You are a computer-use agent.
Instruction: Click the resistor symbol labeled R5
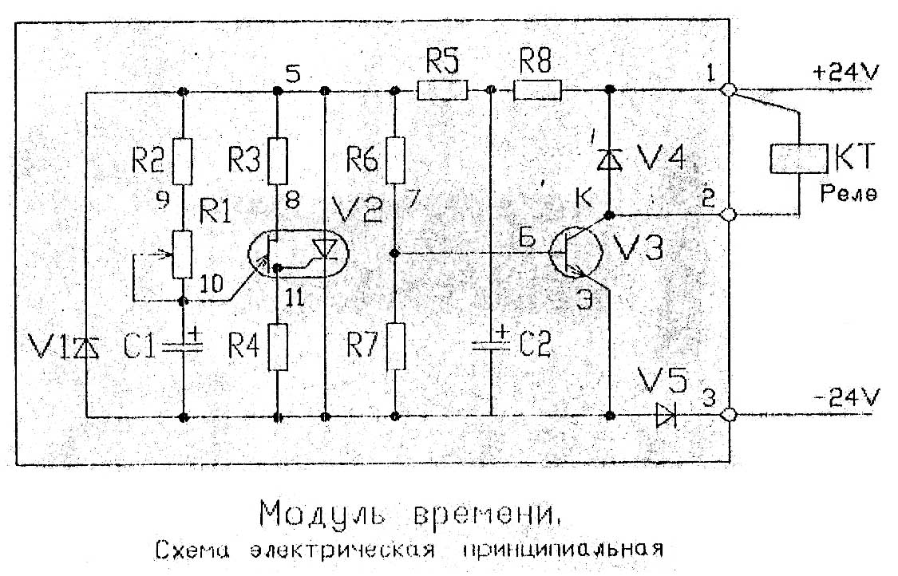444,91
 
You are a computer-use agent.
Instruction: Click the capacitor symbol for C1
184,345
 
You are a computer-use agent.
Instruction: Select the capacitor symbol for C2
490,345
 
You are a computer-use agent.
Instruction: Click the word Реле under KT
852,194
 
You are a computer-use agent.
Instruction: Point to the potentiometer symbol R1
184,254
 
